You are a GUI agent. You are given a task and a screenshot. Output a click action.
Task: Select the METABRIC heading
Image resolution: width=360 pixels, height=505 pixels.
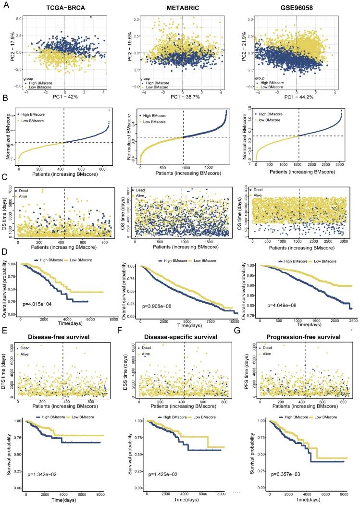tap(181, 9)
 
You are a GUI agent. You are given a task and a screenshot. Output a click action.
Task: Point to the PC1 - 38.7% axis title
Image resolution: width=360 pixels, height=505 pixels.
tap(182, 97)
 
